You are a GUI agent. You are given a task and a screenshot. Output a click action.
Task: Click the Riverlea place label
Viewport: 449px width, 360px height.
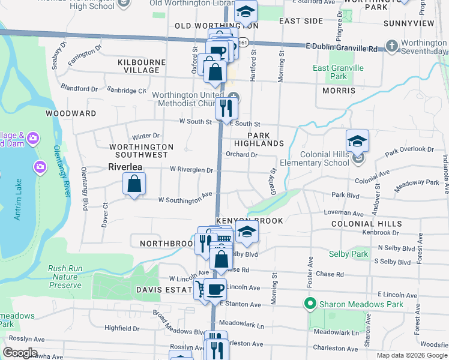pyautogui.click(x=128, y=167)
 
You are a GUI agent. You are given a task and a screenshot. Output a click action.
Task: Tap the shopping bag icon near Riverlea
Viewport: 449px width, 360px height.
pyautogui.click(x=134, y=184)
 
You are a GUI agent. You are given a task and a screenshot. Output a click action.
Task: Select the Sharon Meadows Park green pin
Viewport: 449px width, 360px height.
pyautogui.click(x=310, y=304)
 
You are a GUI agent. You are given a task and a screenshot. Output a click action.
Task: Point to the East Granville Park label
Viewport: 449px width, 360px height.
pyautogui.click(x=338, y=72)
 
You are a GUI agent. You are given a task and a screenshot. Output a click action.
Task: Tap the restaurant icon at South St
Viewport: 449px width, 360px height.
pyautogui.click(x=226, y=108)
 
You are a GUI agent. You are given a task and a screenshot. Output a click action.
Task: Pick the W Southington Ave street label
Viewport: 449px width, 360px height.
pyautogui.click(x=186, y=199)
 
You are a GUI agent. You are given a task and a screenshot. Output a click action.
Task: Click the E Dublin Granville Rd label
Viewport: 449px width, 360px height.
pyautogui.click(x=341, y=47)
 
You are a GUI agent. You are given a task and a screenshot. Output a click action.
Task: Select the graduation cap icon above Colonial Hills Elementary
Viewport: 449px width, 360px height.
pyautogui.click(x=357, y=141)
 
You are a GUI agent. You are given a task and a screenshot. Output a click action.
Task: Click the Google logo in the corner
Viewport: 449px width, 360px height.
pyautogui.click(x=20, y=353)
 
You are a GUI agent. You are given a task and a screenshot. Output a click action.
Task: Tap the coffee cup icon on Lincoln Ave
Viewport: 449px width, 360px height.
pyautogui.click(x=215, y=289)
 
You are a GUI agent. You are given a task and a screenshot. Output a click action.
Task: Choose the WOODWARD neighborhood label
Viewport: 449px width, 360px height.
pyautogui.click(x=71, y=113)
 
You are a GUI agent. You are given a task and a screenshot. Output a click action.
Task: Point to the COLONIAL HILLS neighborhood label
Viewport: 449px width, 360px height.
pyautogui.click(x=366, y=224)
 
